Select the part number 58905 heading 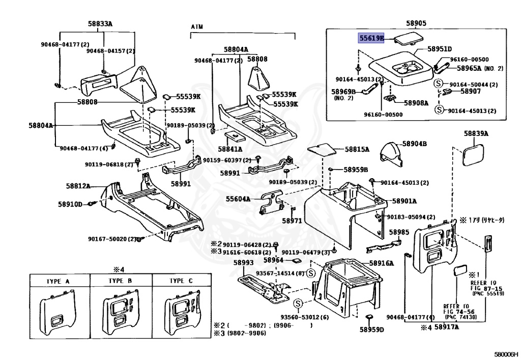(416, 23)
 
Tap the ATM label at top (197, 26)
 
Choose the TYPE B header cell (121, 281)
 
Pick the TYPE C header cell (181, 281)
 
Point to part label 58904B (415, 144)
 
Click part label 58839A (476, 134)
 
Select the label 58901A (404, 201)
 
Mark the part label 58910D (70, 204)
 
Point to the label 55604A (238, 199)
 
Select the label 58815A (357, 150)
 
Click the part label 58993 (243, 263)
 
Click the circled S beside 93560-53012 (298, 303)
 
